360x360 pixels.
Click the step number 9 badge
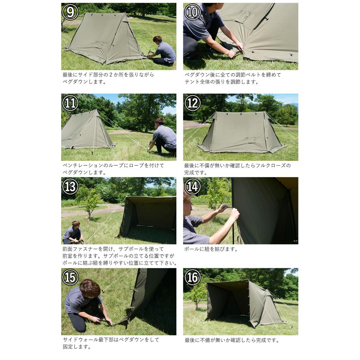(x=70, y=12)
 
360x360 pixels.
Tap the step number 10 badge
(x=192, y=12)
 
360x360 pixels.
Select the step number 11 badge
(x=70, y=103)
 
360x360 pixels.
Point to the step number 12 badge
(x=192, y=103)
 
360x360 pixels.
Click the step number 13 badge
(x=70, y=186)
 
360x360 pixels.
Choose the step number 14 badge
(x=192, y=186)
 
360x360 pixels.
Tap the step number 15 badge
(x=70, y=277)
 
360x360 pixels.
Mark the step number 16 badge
(x=192, y=277)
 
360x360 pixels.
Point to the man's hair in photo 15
(x=90, y=287)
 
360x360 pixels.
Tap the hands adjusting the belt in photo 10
(x=235, y=50)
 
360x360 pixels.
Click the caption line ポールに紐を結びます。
(x=211, y=249)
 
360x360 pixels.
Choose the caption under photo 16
(x=232, y=340)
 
